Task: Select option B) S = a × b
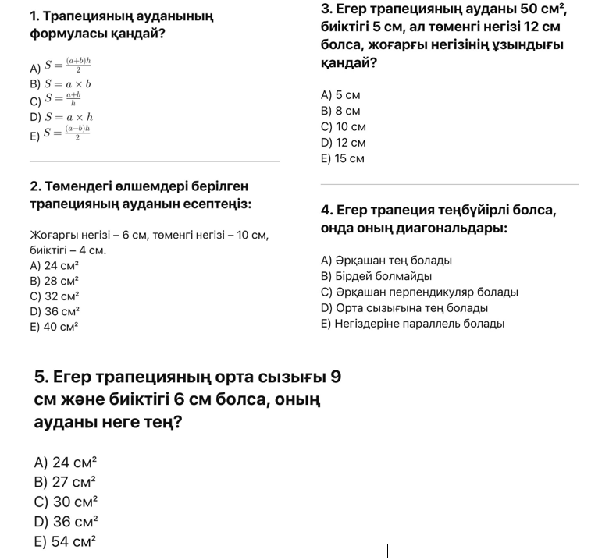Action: point(61,83)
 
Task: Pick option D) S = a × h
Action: point(61,117)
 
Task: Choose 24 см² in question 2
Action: point(55,265)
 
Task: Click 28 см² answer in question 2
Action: point(55,281)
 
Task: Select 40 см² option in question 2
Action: point(55,328)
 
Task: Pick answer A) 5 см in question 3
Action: point(341,95)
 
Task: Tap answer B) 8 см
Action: point(341,111)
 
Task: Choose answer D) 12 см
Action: point(344,143)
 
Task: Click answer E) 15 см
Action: point(344,158)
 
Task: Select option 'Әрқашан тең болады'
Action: point(386,261)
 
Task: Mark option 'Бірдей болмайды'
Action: point(376,276)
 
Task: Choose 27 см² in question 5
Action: point(65,482)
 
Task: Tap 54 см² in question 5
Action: point(65,541)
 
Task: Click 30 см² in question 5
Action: point(66,502)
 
